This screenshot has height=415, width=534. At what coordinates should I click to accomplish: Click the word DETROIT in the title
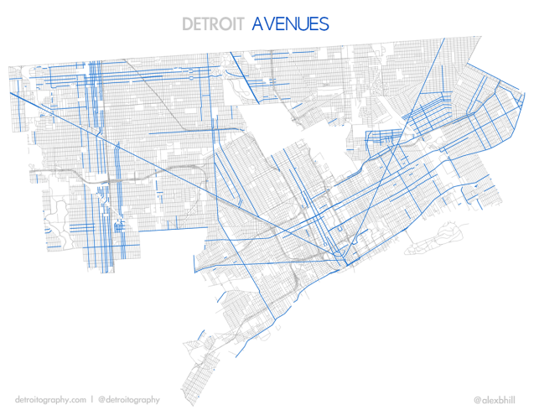point(213,23)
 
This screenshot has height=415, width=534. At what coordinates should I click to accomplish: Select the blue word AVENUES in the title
point(290,23)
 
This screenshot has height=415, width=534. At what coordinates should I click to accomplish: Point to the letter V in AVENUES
point(267,23)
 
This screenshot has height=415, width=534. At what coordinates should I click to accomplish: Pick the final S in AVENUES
point(324,23)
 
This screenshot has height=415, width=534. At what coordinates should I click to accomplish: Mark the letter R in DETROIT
point(217,23)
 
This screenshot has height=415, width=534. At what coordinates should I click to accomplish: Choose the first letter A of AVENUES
point(257,23)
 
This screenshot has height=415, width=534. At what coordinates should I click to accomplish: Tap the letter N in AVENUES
point(290,23)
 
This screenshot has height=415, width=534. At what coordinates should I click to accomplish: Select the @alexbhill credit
point(496,400)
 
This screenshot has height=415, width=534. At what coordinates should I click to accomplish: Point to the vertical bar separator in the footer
point(91,400)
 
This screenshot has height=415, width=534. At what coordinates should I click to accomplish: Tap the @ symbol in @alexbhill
point(477,400)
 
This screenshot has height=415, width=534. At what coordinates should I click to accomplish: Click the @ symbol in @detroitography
point(101,400)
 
